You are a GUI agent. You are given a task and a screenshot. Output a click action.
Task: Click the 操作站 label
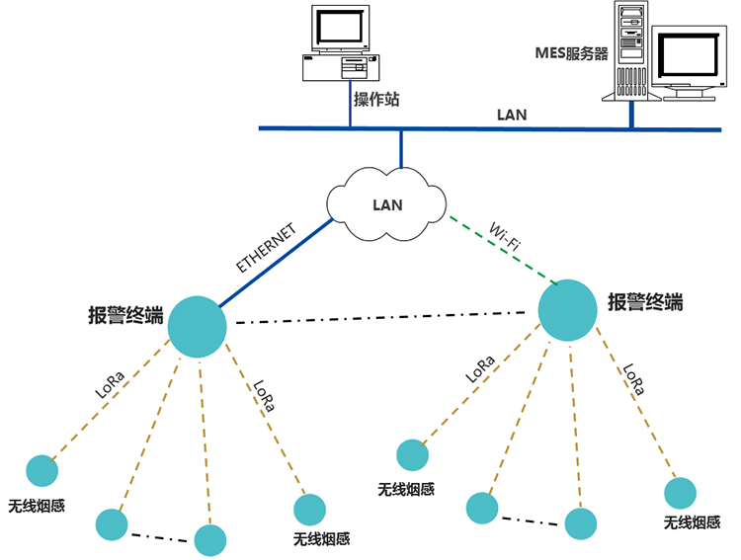click(376, 101)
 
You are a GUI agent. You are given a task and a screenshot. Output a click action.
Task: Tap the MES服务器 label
click(572, 54)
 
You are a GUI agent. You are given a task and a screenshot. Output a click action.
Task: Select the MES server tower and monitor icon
click(662, 54)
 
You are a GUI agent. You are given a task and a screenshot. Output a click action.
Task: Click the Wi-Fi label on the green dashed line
click(507, 237)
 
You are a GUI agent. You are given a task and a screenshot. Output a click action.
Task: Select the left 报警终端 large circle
click(197, 326)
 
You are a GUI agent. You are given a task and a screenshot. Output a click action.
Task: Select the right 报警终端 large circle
click(567, 309)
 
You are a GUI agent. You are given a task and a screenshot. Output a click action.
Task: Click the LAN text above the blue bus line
click(511, 116)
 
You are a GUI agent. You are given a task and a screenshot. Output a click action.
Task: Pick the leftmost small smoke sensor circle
click(41, 470)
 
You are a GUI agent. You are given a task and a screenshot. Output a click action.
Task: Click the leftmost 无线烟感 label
click(37, 504)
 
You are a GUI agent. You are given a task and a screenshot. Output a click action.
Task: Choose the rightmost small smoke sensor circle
click(681, 491)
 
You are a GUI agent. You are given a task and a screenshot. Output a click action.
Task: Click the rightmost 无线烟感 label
click(692, 522)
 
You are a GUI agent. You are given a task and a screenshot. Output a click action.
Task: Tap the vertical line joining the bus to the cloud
click(401, 148)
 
